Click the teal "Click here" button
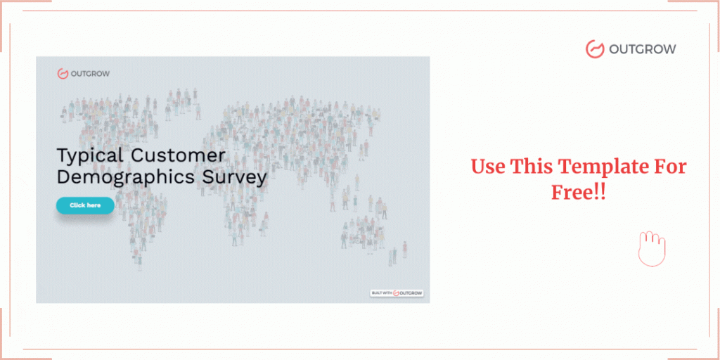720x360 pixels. click(x=85, y=205)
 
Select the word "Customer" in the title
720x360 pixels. click(x=178, y=155)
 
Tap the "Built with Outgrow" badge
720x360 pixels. click(x=397, y=293)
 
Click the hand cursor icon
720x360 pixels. click(x=652, y=249)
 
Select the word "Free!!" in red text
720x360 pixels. click(x=578, y=193)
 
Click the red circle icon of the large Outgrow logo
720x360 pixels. click(x=595, y=49)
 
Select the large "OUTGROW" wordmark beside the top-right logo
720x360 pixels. click(x=643, y=49)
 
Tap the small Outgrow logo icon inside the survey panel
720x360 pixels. click(x=63, y=73)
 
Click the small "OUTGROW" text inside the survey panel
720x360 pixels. click(x=90, y=73)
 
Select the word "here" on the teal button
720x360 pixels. click(x=94, y=205)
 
